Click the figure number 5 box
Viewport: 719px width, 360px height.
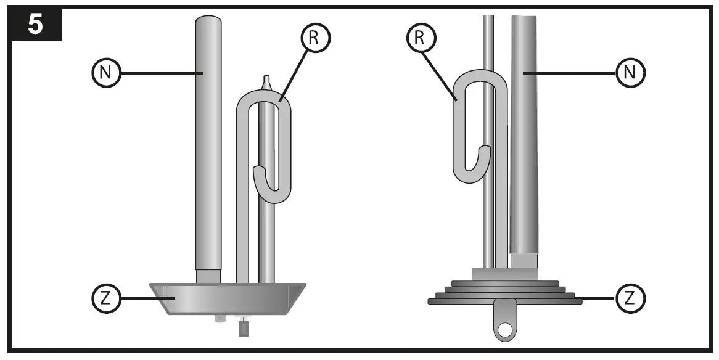35,23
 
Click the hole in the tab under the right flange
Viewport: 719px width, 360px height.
505,329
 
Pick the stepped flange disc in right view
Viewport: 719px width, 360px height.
505,294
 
